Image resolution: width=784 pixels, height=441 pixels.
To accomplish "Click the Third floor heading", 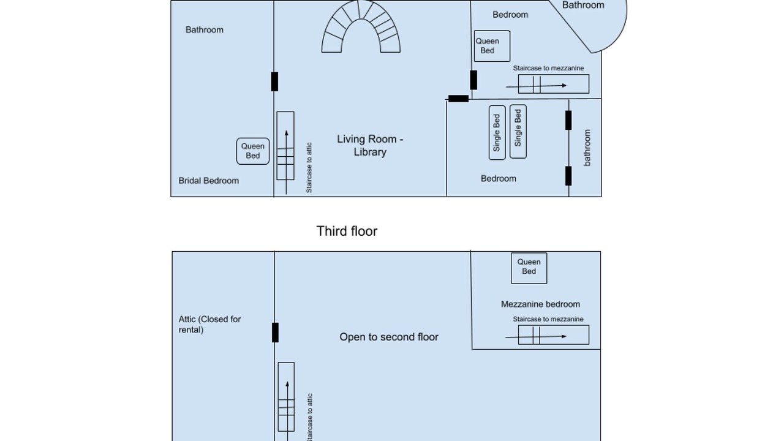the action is [x=347, y=232].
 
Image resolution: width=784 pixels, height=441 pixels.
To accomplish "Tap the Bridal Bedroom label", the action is [x=209, y=181].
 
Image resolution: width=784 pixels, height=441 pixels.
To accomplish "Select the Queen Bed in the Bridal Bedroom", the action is [x=253, y=151].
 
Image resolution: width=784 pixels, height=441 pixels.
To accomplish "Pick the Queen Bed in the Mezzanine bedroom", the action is [x=529, y=268].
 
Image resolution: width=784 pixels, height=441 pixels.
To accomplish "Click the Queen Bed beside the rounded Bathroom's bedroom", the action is [x=492, y=46].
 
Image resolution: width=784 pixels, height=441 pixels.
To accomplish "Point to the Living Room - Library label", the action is [x=370, y=146].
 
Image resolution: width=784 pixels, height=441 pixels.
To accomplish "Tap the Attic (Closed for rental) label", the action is [x=209, y=325].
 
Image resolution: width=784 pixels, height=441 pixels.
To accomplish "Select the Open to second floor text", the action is [x=389, y=337].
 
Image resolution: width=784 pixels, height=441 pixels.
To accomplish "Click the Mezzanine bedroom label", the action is [x=540, y=304].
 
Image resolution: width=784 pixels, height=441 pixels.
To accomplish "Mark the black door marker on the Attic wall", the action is [x=276, y=333].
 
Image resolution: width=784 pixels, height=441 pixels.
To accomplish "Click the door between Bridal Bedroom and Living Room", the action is [x=275, y=81].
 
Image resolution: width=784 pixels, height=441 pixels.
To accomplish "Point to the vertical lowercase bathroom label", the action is [x=587, y=148].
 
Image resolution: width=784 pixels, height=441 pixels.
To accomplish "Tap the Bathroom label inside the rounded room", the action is [x=583, y=5].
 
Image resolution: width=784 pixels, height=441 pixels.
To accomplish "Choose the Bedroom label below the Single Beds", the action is [x=499, y=178].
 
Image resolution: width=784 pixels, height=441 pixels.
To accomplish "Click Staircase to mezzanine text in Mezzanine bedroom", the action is [x=548, y=319].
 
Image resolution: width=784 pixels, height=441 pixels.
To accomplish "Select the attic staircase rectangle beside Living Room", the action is [x=285, y=146].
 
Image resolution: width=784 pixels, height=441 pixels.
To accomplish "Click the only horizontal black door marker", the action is [x=459, y=99].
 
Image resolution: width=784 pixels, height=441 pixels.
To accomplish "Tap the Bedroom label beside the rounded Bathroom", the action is [x=510, y=15].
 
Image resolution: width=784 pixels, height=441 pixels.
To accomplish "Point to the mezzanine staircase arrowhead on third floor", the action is [x=564, y=336].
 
